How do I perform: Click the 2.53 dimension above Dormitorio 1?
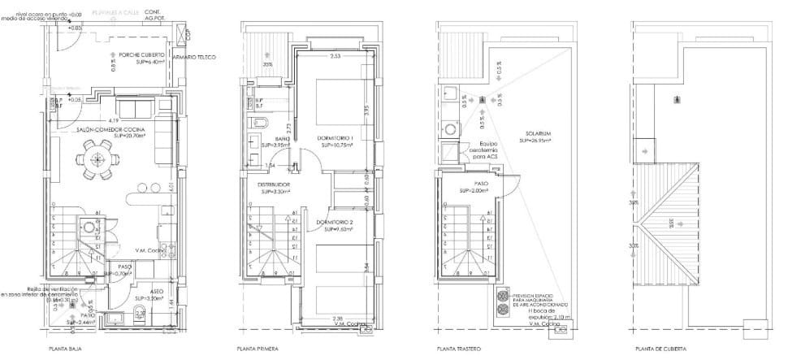pyautogui.click(x=335, y=57)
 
